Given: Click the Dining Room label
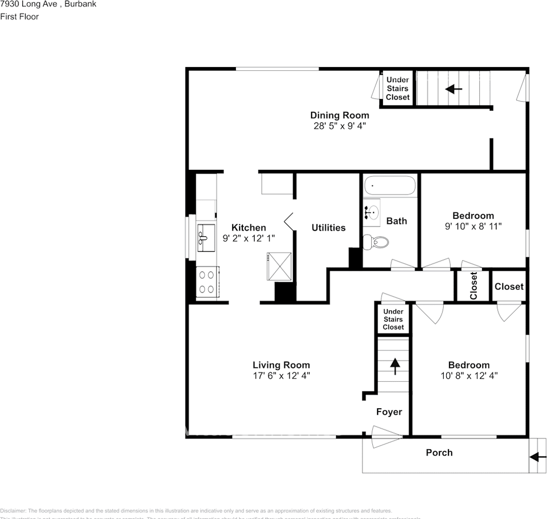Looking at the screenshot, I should click(x=339, y=115).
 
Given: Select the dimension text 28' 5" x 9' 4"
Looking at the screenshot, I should click(x=339, y=125).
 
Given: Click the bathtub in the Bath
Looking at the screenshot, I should click(x=390, y=186).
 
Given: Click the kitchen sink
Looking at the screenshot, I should click(x=205, y=236).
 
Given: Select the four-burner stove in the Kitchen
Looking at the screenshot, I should click(x=206, y=281).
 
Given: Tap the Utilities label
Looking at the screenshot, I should click(x=328, y=228).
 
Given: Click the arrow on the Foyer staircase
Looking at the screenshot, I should click(x=394, y=366).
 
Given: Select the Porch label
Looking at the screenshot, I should click(x=439, y=453).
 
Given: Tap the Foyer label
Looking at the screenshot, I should click(x=389, y=412).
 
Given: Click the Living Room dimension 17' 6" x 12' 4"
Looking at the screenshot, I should click(x=281, y=375).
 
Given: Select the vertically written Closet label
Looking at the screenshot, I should click(x=473, y=285).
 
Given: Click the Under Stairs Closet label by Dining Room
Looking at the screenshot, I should click(x=397, y=89).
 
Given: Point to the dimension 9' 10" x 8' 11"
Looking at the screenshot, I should click(x=473, y=226).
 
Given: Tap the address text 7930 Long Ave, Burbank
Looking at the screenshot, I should click(x=41, y=4).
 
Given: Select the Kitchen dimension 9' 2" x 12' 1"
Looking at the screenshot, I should click(x=248, y=237).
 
